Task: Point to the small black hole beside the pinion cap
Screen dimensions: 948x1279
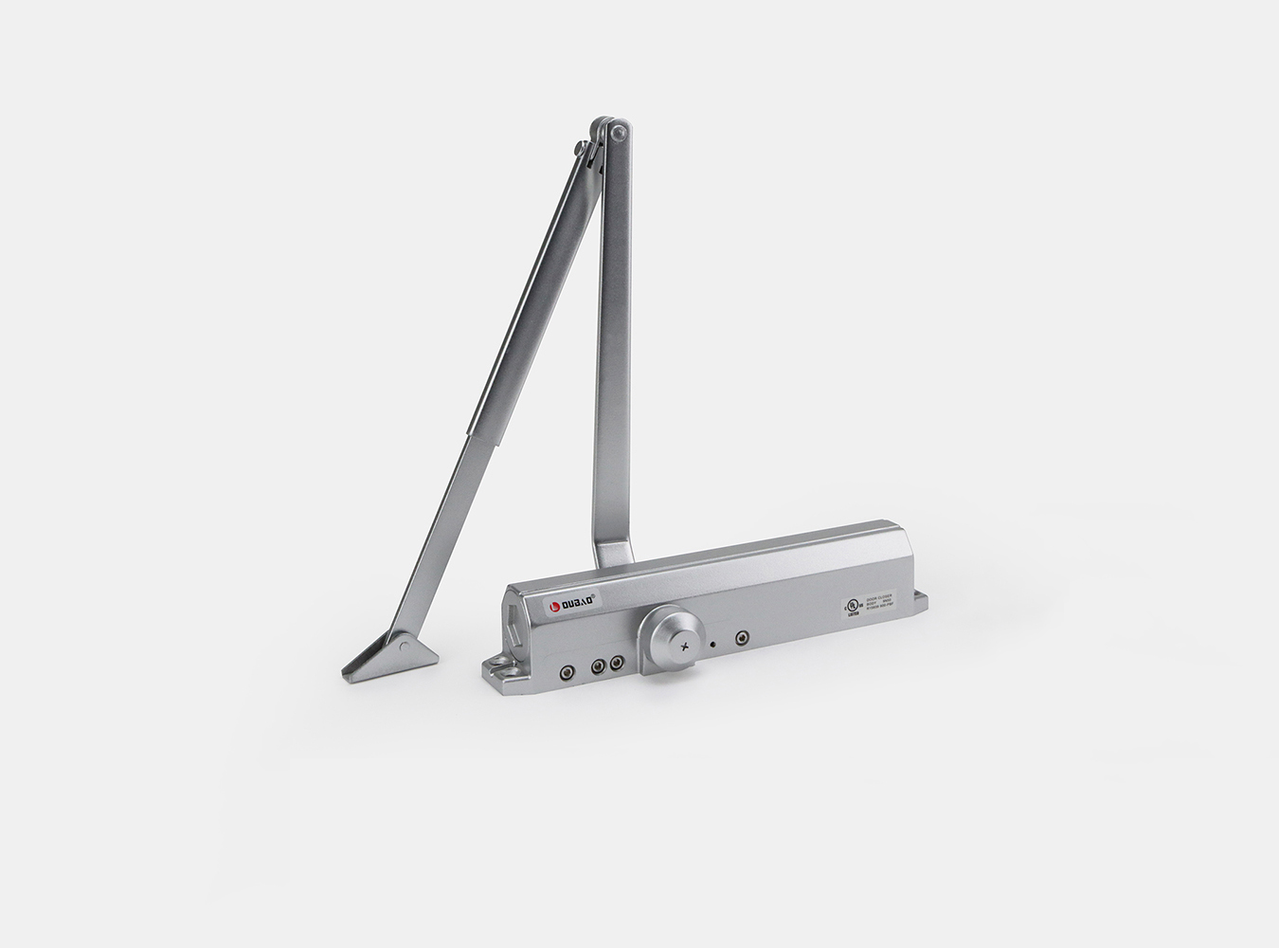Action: pyautogui.click(x=712, y=644)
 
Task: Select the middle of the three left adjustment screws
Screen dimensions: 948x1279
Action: pyautogui.click(x=598, y=666)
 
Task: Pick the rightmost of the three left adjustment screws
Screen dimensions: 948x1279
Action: pyautogui.click(x=617, y=664)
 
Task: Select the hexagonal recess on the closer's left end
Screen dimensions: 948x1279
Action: pyautogui.click(x=513, y=611)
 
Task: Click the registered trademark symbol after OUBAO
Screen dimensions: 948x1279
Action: pyautogui.click(x=594, y=595)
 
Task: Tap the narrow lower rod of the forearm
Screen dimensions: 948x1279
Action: pyautogui.click(x=445, y=530)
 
